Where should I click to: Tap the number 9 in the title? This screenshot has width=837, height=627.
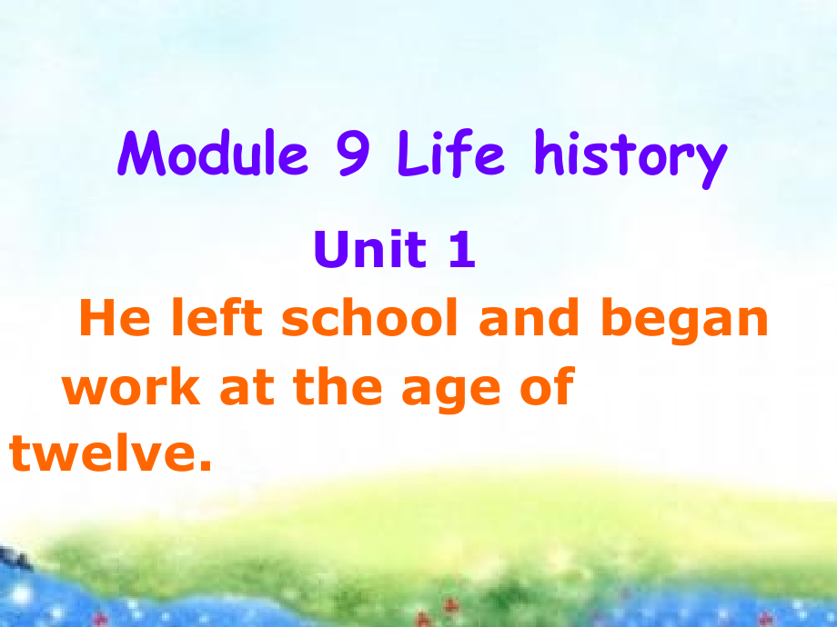coord(353,154)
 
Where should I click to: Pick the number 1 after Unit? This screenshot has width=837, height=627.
coord(462,251)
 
